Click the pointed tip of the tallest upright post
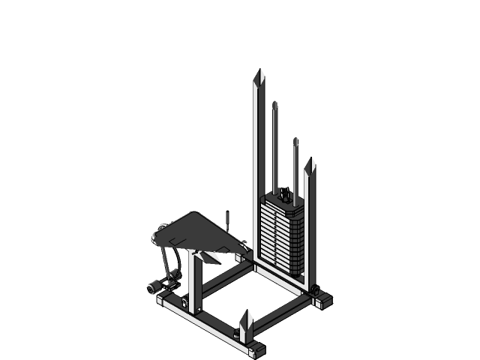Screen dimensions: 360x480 259,73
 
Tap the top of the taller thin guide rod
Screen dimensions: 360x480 274,103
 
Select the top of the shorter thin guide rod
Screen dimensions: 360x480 295,139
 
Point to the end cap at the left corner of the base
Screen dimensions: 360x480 164,302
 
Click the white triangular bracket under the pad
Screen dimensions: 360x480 210,257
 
